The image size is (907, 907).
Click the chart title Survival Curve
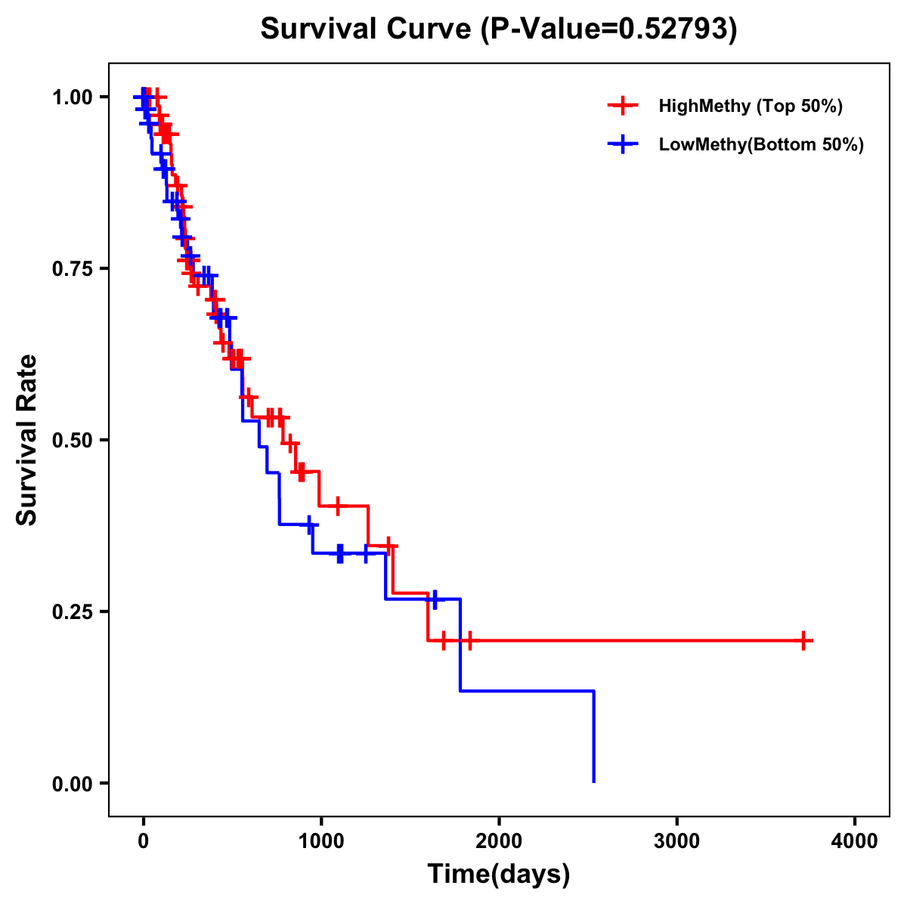pyautogui.click(x=368, y=29)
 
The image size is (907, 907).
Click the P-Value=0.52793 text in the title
pyautogui.click(x=611, y=29)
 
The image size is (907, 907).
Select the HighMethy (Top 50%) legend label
pyautogui.click(x=750, y=106)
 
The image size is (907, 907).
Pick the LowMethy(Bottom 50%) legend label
pyautogui.click(x=761, y=144)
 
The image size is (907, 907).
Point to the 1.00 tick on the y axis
pyautogui.click(x=72, y=97)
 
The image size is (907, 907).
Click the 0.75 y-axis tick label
pyautogui.click(x=72, y=268)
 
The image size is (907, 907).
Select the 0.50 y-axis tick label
pyautogui.click(x=72, y=440)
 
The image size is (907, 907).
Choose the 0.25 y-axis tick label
pyautogui.click(x=72, y=611)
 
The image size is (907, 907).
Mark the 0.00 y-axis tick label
pyautogui.click(x=72, y=783)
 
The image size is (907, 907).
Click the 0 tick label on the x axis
pyautogui.click(x=143, y=841)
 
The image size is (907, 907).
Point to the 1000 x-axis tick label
pyautogui.click(x=320, y=841)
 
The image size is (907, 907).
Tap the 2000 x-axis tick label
pyautogui.click(x=499, y=841)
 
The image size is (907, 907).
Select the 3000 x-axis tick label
pyautogui.click(x=676, y=841)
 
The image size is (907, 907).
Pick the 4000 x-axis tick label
pyautogui.click(x=855, y=841)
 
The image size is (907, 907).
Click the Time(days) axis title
pyautogui.click(x=499, y=874)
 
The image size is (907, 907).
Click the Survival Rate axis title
pyautogui.click(x=27, y=440)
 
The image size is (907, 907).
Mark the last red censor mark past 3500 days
pyautogui.click(x=804, y=640)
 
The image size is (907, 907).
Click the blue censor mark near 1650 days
pyautogui.click(x=434, y=599)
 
